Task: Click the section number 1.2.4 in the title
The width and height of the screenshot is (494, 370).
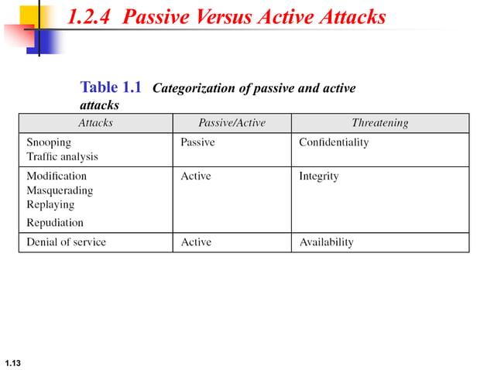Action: [x=91, y=17]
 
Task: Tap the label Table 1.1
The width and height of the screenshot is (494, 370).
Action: [x=111, y=87]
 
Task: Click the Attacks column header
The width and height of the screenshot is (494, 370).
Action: [x=95, y=123]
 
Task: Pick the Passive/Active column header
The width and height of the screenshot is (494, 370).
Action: [x=232, y=123]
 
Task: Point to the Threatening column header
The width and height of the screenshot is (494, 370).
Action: [x=379, y=123]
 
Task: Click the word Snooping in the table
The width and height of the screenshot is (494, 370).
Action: [x=49, y=142]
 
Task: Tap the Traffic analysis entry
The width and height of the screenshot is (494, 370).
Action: [x=62, y=156]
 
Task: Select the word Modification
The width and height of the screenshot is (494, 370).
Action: [x=57, y=176]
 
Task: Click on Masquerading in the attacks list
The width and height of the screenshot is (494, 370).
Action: [x=60, y=190]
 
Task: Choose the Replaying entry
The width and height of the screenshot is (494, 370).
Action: [x=50, y=204]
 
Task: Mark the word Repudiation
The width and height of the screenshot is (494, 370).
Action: [x=55, y=223]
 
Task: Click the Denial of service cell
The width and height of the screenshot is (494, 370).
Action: [x=66, y=242]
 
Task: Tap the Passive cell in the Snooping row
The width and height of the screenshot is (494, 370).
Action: [x=197, y=142]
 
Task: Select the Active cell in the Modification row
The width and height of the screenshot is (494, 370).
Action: [x=195, y=176]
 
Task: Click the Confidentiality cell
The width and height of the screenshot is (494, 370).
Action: [x=334, y=142]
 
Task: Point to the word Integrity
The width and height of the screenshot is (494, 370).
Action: [x=319, y=176]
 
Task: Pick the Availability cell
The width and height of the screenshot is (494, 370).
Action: [x=326, y=242]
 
